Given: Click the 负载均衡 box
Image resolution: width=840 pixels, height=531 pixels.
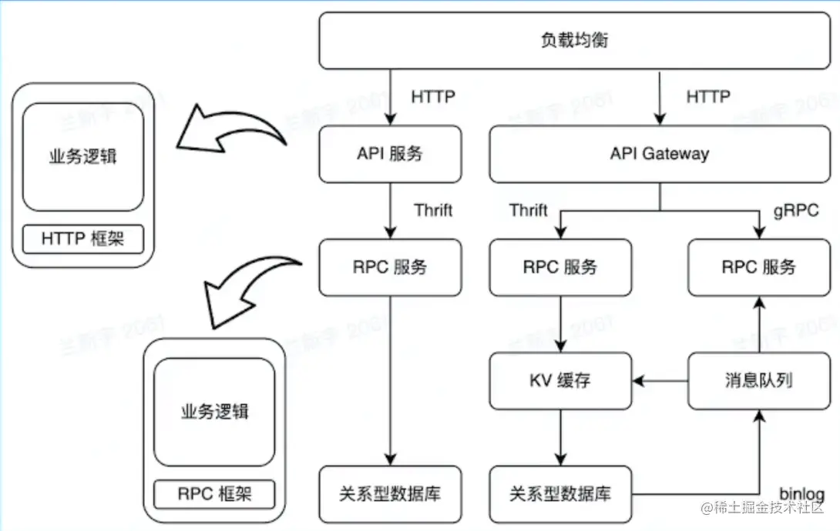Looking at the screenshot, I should pyautogui.click(x=574, y=39).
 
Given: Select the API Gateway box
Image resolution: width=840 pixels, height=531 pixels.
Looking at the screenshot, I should pyautogui.click(x=659, y=154).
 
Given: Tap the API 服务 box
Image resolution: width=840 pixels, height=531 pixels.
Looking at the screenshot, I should pyautogui.click(x=390, y=154).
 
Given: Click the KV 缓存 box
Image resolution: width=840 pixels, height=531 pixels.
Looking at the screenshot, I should pyautogui.click(x=560, y=380).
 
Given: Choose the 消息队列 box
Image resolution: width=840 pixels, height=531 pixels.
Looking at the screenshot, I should pyautogui.click(x=758, y=380).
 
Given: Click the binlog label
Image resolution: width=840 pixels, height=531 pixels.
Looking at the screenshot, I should pyautogui.click(x=801, y=493).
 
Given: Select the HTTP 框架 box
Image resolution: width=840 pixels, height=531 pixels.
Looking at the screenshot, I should pyautogui.click(x=82, y=239).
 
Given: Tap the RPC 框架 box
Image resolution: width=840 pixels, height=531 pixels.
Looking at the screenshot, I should pyautogui.click(x=214, y=493).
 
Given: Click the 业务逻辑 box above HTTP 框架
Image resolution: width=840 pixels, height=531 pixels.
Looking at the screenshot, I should pyautogui.click(x=82, y=157).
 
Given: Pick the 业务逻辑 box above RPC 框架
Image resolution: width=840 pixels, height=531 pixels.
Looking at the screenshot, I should pyautogui.click(x=214, y=411).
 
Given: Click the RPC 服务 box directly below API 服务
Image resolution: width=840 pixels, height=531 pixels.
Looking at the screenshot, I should pyautogui.click(x=390, y=267).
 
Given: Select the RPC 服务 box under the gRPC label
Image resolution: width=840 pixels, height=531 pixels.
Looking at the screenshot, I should pyautogui.click(x=758, y=267).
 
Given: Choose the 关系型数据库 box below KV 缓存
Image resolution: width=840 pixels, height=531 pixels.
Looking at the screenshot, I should pyautogui.click(x=560, y=493).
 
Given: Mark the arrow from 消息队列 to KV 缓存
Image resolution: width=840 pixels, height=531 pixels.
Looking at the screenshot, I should pyautogui.click(x=660, y=380).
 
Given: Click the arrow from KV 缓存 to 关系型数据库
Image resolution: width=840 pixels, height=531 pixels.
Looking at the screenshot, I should pyautogui.click(x=560, y=436).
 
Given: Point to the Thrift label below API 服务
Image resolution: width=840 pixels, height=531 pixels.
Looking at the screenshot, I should pyautogui.click(x=433, y=210).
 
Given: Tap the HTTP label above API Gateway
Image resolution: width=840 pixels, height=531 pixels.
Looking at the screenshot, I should pyautogui.click(x=707, y=97).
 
